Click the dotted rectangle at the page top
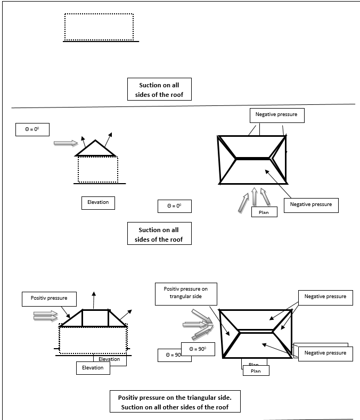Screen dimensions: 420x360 99,27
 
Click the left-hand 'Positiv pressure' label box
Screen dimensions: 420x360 49,298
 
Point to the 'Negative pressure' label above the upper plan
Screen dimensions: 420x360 276,115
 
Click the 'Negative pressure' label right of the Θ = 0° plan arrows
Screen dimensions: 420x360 310,205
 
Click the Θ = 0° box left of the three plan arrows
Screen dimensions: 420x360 174,206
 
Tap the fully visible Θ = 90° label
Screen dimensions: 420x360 197,349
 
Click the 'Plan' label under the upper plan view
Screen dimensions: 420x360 264,212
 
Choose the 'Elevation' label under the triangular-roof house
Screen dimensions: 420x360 98,202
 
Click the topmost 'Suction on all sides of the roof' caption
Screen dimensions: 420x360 159,89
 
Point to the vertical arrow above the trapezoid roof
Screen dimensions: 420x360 94,300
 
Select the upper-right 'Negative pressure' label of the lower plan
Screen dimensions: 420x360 325,297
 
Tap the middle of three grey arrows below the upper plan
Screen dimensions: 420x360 255,197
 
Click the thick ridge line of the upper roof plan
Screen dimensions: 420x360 253,159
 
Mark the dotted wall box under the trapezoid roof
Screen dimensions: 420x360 93,340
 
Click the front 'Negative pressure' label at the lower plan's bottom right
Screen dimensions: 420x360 325,353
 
